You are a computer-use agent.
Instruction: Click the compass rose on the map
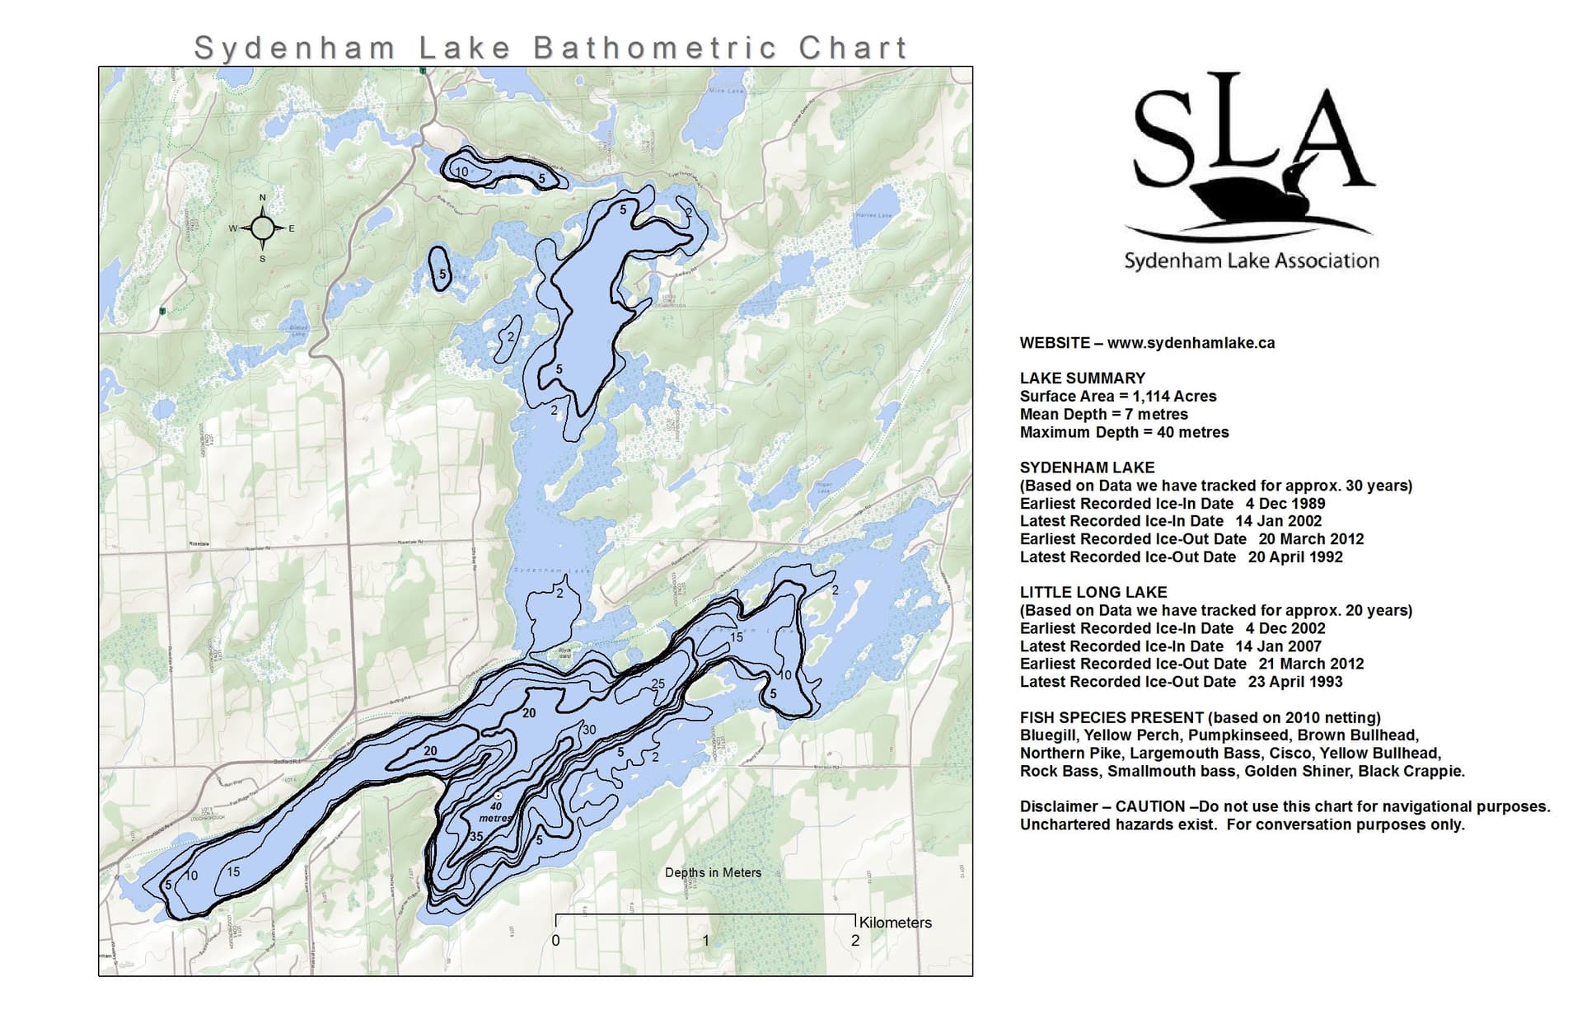pos(263,228)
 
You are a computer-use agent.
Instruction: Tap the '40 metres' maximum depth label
pos(496,812)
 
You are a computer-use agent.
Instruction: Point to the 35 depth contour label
pos(476,836)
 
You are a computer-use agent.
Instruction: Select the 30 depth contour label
pos(588,730)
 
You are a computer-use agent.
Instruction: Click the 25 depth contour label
pos(658,683)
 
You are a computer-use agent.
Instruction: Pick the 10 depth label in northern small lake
pos(461,172)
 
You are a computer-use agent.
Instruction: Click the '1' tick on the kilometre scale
pos(705,940)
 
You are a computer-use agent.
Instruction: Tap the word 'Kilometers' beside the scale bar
pos(895,923)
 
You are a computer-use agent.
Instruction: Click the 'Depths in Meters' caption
pos(713,872)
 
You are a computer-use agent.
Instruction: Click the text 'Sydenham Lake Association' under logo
pos(1251,261)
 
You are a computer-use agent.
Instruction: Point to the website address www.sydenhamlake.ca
pos(1191,343)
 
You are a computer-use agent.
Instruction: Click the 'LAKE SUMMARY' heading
pos(1082,378)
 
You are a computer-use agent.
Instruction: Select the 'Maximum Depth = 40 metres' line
pos(1124,432)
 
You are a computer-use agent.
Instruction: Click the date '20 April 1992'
pos(1295,557)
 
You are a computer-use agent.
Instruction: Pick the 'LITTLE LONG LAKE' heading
pos(1093,592)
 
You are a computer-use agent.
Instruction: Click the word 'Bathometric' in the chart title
pos(655,48)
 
